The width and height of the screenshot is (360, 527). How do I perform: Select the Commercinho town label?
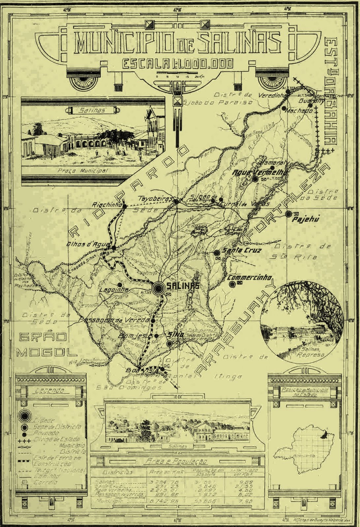tap(250, 277)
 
